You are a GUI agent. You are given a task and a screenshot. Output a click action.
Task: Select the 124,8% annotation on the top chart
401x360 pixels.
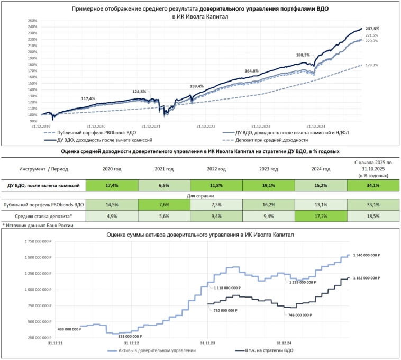click(x=139, y=92)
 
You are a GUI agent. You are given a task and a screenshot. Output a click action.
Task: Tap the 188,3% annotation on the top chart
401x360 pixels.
click(x=303, y=55)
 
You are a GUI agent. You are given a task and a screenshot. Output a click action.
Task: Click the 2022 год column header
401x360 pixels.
click(x=215, y=169)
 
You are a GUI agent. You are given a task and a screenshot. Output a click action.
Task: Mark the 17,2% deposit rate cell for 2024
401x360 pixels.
click(x=321, y=216)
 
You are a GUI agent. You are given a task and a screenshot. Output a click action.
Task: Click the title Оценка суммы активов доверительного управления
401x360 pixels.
click(x=201, y=233)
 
